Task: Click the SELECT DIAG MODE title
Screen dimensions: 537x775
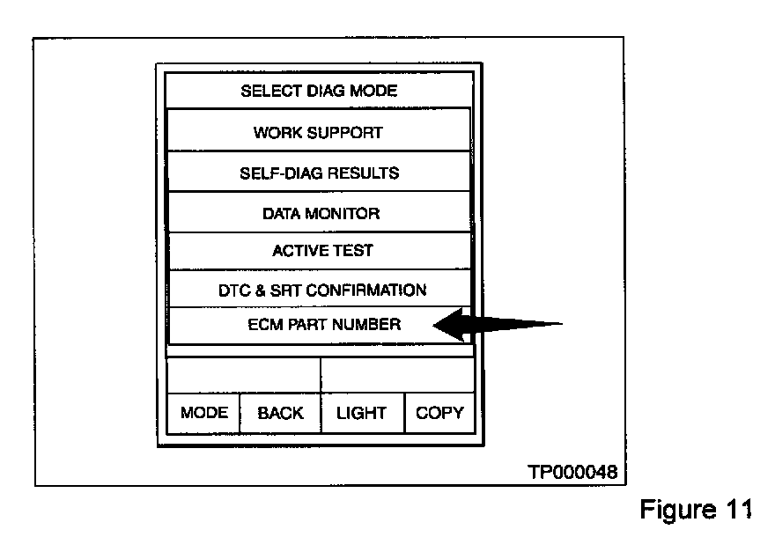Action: click(x=319, y=91)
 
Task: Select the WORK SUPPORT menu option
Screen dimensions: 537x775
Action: click(x=319, y=133)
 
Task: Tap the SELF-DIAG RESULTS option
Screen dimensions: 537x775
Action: click(x=319, y=173)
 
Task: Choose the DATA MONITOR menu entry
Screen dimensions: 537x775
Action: click(x=321, y=214)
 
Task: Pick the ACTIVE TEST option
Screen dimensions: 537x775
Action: click(x=322, y=251)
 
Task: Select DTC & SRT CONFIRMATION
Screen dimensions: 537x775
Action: click(x=322, y=290)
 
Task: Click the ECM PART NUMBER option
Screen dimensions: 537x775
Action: click(x=324, y=325)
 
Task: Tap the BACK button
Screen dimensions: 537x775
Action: click(x=280, y=413)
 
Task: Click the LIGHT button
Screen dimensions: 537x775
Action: click(x=361, y=413)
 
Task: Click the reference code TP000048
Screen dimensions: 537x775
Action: click(x=572, y=473)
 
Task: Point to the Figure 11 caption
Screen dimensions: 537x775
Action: click(x=695, y=510)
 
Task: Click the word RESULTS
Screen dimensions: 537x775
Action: click(x=363, y=173)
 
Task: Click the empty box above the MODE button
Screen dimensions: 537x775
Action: click(x=243, y=375)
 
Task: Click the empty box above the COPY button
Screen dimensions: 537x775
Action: click(x=397, y=375)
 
